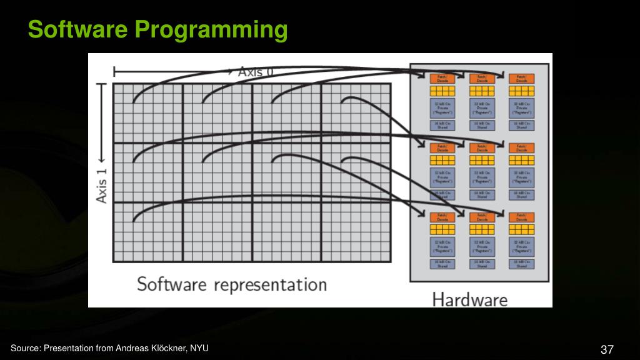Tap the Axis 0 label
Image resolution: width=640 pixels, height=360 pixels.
pos(256,71)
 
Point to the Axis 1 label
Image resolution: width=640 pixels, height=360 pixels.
pos(102,182)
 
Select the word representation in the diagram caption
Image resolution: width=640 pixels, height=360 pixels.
pos(270,284)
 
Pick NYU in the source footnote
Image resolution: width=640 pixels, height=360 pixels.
pos(199,348)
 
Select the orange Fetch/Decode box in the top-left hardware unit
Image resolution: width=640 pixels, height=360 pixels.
pos(442,79)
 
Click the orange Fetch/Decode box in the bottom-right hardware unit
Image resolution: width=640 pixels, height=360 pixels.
pos(521,217)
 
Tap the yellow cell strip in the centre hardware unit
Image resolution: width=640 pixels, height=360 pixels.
pos(482,160)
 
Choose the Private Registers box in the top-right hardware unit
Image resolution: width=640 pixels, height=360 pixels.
pos(521,107)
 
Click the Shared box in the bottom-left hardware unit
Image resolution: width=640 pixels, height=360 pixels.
pos(442,264)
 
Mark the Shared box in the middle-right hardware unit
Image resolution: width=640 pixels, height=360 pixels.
pos(521,194)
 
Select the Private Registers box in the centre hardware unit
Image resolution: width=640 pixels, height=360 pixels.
pos(482,177)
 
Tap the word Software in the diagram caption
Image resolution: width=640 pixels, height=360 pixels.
pos(172,284)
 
